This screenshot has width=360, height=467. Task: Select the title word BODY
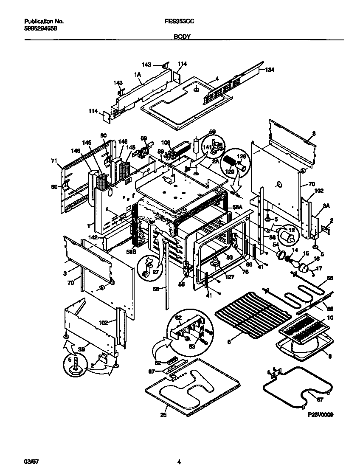click(182, 37)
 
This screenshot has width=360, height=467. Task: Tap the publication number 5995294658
click(41, 28)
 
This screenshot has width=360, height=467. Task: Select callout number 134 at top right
click(270, 70)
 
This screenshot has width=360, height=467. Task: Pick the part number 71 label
click(54, 160)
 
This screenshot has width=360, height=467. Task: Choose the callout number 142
click(93, 237)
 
